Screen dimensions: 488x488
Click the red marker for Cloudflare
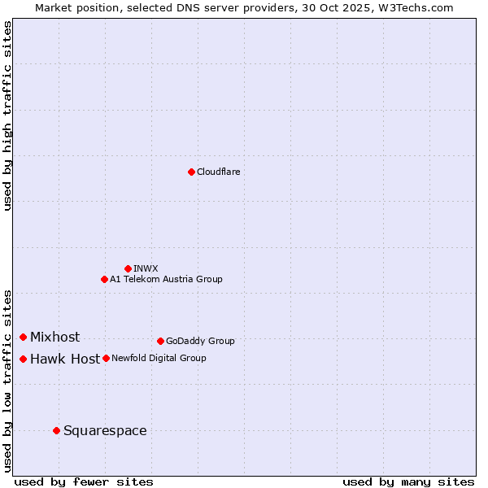(x=191, y=172)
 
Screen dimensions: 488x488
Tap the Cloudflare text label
(x=218, y=172)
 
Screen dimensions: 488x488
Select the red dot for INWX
(x=128, y=268)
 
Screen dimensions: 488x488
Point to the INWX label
(x=146, y=268)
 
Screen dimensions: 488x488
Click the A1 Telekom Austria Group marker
(x=104, y=279)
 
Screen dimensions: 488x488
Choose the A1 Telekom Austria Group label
(x=166, y=280)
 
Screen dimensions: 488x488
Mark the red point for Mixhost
(x=24, y=337)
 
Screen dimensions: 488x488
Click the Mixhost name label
(x=54, y=338)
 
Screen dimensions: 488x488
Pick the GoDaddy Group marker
(x=160, y=341)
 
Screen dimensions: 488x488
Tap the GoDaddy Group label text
(x=199, y=342)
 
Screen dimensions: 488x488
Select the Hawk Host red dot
(x=24, y=359)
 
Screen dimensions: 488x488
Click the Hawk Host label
(x=65, y=359)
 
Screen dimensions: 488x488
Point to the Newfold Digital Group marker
(x=106, y=358)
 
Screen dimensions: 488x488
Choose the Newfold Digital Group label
(x=159, y=359)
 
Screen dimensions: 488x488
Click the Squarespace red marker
(x=56, y=430)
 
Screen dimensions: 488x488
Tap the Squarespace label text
(x=105, y=431)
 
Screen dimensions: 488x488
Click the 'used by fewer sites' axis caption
(x=84, y=481)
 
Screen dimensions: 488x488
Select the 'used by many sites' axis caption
(x=408, y=481)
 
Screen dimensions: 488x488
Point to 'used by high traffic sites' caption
(x=8, y=115)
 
